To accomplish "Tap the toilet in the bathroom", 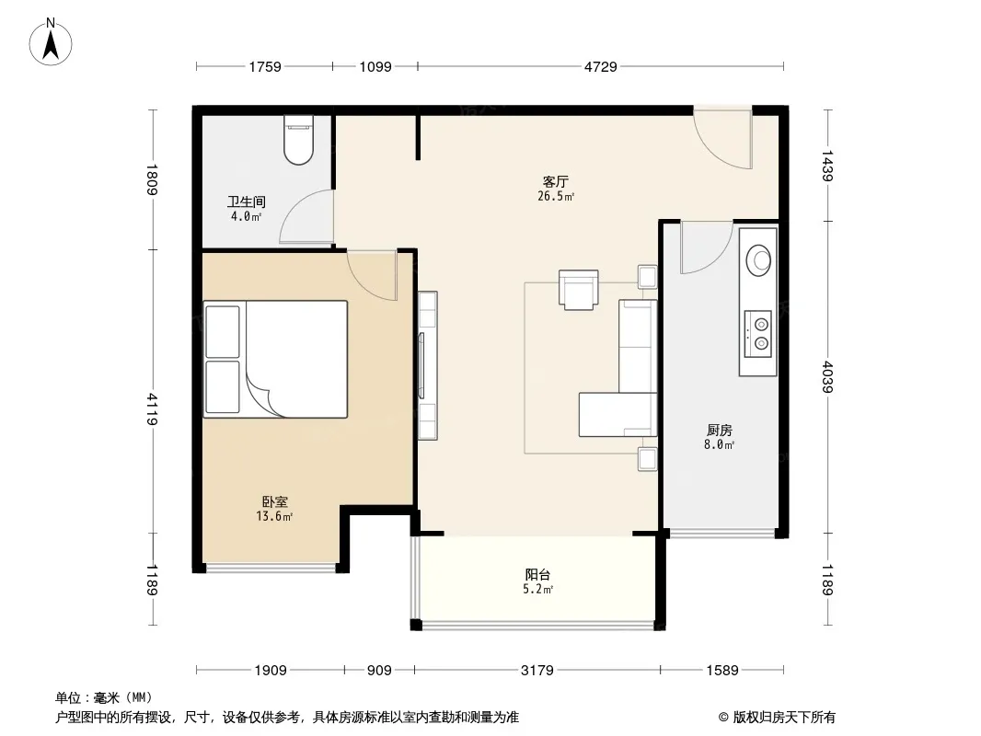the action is click(298, 140).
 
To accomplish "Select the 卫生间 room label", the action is click(246, 201).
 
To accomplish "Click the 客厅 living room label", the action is click(555, 181).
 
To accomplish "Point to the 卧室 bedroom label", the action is click(274, 501).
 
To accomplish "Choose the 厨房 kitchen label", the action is click(719, 430).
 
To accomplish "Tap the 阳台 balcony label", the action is click(537, 574).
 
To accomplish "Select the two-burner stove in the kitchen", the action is click(757, 334).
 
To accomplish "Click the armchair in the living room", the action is click(578, 290).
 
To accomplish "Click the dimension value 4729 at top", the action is click(601, 66).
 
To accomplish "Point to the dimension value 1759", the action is click(265, 66).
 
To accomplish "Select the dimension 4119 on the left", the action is click(152, 409).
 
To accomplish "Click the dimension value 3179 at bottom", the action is click(537, 670).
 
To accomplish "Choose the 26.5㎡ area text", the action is click(556, 196).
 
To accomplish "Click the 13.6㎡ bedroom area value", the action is click(274, 516).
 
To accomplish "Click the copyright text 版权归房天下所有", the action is click(783, 718).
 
